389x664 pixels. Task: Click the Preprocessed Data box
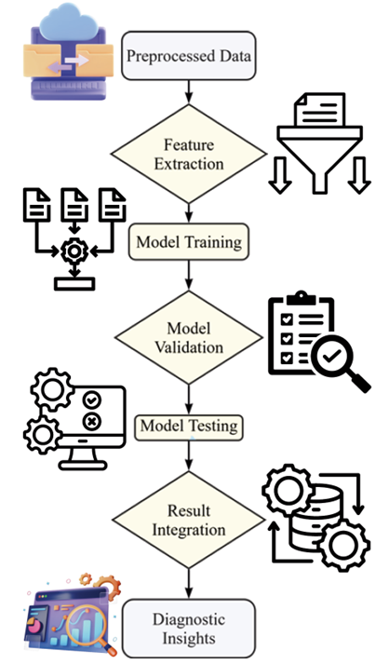click(x=189, y=56)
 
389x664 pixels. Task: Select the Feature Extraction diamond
click(x=189, y=155)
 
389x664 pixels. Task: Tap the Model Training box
click(x=189, y=242)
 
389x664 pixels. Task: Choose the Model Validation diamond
click(x=189, y=337)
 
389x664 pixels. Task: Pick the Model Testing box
click(x=189, y=426)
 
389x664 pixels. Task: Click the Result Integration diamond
click(x=189, y=520)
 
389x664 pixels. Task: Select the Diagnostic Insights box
click(x=189, y=629)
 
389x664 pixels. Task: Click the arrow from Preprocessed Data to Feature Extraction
click(x=189, y=92)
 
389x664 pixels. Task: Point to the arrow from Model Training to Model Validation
click(x=189, y=276)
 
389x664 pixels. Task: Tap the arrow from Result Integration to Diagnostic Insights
click(x=189, y=584)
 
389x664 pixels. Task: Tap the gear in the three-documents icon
click(x=74, y=251)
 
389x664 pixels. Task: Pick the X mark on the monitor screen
click(x=92, y=421)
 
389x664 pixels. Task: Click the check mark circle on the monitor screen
click(x=92, y=400)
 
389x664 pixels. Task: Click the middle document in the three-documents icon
click(x=74, y=205)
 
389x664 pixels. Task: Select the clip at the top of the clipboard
click(x=302, y=297)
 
